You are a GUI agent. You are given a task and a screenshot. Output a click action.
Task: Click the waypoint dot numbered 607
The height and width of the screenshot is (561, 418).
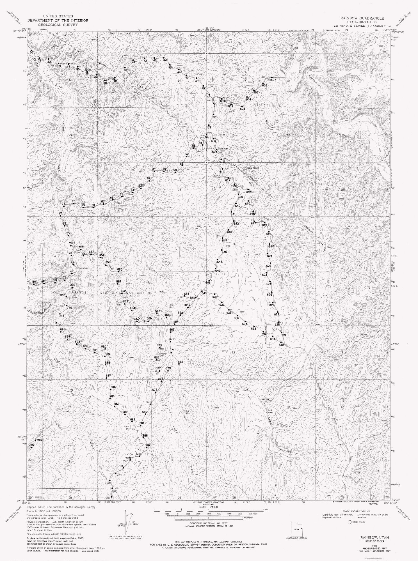pyautogui.click(x=272, y=77)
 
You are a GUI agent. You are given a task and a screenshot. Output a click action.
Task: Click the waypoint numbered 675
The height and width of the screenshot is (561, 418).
pyautogui.click(x=159, y=348)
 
